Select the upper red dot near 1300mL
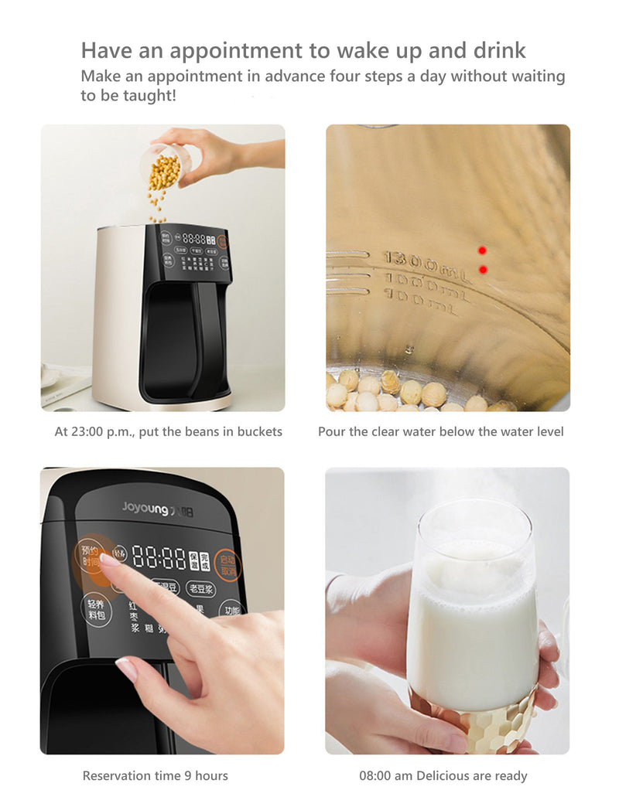click(482, 250)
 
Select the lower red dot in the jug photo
click(482, 269)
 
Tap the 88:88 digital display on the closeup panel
click(158, 557)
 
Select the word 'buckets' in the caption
click(258, 432)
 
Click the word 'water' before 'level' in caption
click(504, 432)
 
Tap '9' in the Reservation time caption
click(186, 775)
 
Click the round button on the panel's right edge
click(227, 564)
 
